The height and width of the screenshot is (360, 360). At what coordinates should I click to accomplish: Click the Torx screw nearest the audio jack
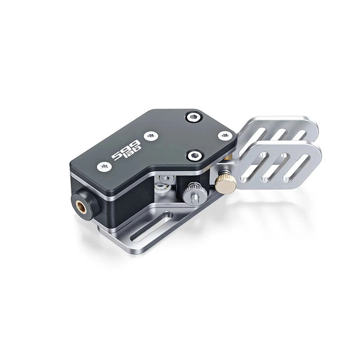(103, 166)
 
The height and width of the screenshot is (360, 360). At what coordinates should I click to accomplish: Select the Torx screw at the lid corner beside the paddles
(223, 135)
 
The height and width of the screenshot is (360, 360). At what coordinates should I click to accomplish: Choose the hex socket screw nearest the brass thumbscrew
(194, 155)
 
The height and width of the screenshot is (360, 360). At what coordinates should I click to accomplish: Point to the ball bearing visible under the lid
(166, 180)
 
